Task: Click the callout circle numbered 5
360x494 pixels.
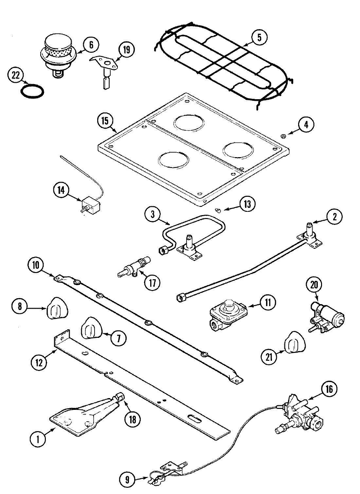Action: click(259, 37)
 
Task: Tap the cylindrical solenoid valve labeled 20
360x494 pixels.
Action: click(327, 317)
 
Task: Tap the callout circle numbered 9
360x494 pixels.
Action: click(127, 480)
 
